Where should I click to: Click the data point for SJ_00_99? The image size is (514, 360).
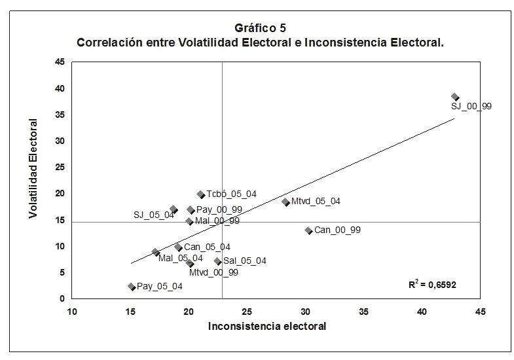tap(455, 97)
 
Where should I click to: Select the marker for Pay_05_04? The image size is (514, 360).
tap(132, 286)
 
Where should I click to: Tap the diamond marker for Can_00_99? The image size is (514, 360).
tap(308, 230)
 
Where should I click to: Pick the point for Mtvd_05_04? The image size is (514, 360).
tap(285, 202)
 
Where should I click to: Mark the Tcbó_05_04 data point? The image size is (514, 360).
tap(201, 194)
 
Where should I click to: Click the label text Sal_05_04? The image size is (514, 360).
tap(245, 261)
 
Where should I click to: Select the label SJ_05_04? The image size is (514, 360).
tap(154, 215)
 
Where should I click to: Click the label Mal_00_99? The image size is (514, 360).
tap(217, 221)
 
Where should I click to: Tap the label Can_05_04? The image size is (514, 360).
tap(207, 247)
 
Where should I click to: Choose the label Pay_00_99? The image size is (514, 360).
tap(219, 209)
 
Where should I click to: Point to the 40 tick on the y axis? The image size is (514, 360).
tap(60, 88)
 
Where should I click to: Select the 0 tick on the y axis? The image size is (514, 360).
tap(62, 299)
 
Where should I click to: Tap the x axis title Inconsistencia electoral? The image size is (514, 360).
tap(266, 325)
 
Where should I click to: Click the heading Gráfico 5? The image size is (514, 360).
tap(260, 28)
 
